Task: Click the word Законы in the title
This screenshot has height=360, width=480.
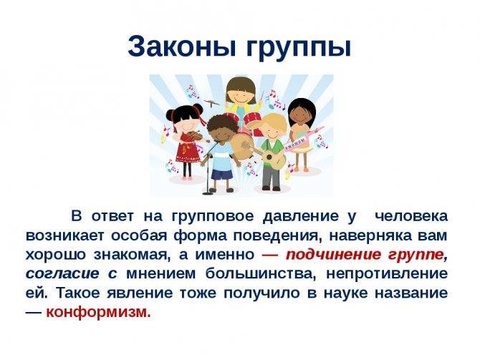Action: point(183,47)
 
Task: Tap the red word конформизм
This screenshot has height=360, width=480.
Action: point(98,312)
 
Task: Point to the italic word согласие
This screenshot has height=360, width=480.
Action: point(62,273)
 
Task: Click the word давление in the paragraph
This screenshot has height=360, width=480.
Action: point(301,217)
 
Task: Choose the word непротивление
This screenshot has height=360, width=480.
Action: point(387,273)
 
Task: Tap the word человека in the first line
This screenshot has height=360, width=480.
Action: point(411,217)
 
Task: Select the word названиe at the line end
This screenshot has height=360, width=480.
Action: point(411,293)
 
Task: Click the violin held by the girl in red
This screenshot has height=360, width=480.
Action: point(193,136)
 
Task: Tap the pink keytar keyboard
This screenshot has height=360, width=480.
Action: point(302,140)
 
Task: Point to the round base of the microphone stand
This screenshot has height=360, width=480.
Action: point(208,193)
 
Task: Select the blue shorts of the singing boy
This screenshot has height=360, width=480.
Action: point(220,175)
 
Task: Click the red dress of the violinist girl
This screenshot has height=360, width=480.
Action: point(187,150)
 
